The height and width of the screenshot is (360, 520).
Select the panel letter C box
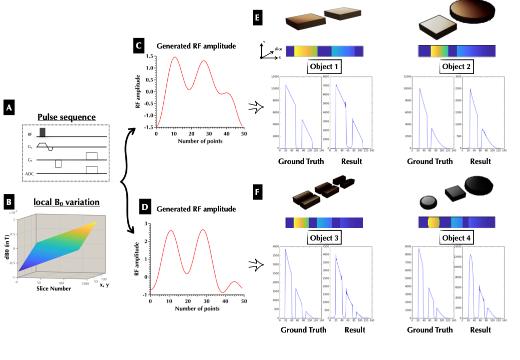click(x=139, y=46)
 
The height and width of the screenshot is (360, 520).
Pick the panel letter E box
click(x=259, y=19)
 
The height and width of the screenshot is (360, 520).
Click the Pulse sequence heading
click(x=66, y=117)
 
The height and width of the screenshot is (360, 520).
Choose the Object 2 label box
click(x=457, y=66)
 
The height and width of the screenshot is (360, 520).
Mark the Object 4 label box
click(x=457, y=238)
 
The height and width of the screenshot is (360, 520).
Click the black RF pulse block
click(x=42, y=132)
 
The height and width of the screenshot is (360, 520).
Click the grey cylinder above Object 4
click(x=428, y=202)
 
